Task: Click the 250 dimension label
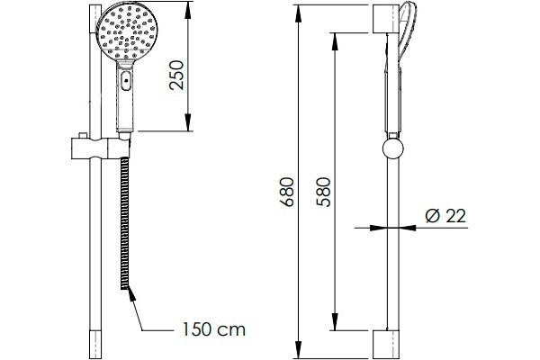click(x=176, y=76)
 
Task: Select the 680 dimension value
click(x=287, y=192)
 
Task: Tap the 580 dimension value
click(x=323, y=192)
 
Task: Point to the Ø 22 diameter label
click(x=445, y=216)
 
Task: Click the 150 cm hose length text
click(x=214, y=329)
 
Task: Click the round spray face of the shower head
click(x=127, y=31)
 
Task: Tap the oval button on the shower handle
click(x=126, y=81)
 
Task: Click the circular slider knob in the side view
click(x=393, y=148)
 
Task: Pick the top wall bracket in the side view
click(x=386, y=19)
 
